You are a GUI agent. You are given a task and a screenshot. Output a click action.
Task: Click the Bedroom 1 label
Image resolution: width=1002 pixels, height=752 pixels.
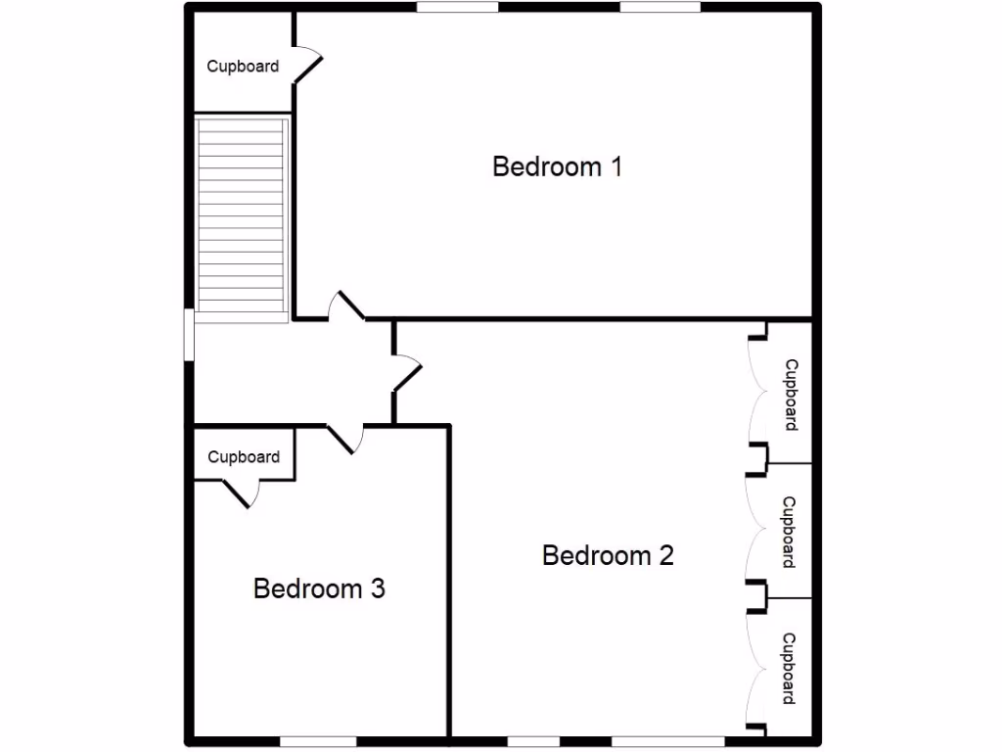pyautogui.click(x=557, y=166)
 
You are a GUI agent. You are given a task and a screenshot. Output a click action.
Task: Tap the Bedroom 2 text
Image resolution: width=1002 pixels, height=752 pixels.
pyautogui.click(x=608, y=556)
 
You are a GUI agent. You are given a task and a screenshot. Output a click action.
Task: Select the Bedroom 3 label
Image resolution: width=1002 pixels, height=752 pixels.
pyautogui.click(x=319, y=588)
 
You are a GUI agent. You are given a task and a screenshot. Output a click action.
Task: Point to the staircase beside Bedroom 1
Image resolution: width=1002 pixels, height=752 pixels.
pyautogui.click(x=242, y=215)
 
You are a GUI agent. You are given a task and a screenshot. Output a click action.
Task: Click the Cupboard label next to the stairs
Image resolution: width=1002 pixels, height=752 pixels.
pyautogui.click(x=243, y=67)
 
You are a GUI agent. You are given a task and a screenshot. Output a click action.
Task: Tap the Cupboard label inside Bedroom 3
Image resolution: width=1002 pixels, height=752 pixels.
pyautogui.click(x=244, y=457)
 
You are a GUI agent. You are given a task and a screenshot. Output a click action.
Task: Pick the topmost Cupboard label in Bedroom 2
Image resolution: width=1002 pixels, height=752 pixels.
pyautogui.click(x=791, y=395)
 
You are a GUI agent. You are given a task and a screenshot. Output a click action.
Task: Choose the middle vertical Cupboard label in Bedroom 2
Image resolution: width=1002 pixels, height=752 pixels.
pyautogui.click(x=789, y=532)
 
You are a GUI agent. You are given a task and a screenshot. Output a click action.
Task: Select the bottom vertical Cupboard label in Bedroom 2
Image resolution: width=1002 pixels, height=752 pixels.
pyautogui.click(x=789, y=669)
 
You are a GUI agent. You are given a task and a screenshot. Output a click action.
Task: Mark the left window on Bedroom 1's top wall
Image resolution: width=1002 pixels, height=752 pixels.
pyautogui.click(x=457, y=7)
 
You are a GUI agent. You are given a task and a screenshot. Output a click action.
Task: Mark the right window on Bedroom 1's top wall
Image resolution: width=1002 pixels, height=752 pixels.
pyautogui.click(x=660, y=7)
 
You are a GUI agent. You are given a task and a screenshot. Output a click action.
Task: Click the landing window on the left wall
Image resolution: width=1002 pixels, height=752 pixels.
pyautogui.click(x=190, y=334)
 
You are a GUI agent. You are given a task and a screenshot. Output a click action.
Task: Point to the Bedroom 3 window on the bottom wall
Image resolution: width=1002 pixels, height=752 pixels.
pyautogui.click(x=318, y=740)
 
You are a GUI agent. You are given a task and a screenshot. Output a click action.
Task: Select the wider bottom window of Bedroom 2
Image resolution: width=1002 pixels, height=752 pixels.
pyautogui.click(x=667, y=740)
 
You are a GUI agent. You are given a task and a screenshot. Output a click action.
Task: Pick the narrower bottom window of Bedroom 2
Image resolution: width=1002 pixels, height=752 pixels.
pyautogui.click(x=533, y=740)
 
